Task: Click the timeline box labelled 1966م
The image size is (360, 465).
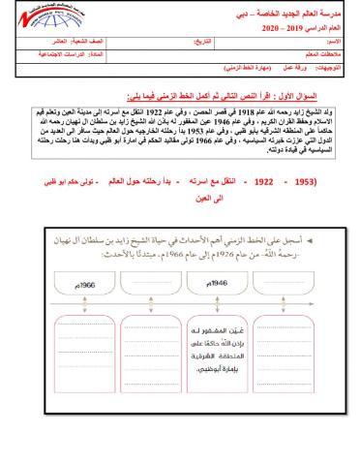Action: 78,285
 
